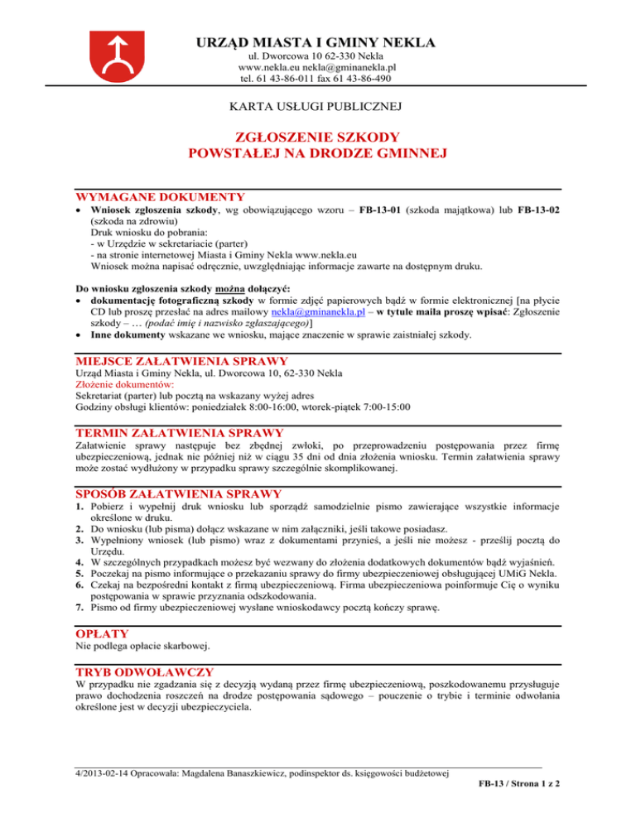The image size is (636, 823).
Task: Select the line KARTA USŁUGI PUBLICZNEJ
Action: pos(317,105)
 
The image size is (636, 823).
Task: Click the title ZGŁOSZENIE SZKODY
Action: pos(318,137)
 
